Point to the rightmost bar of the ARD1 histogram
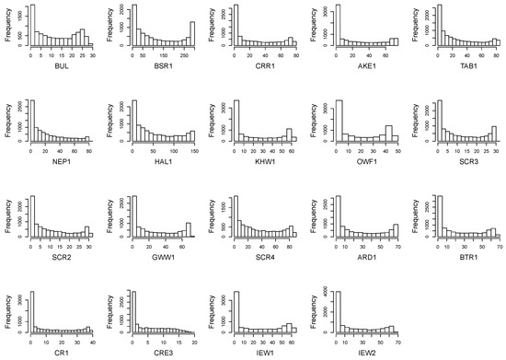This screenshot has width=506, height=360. [395, 231]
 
